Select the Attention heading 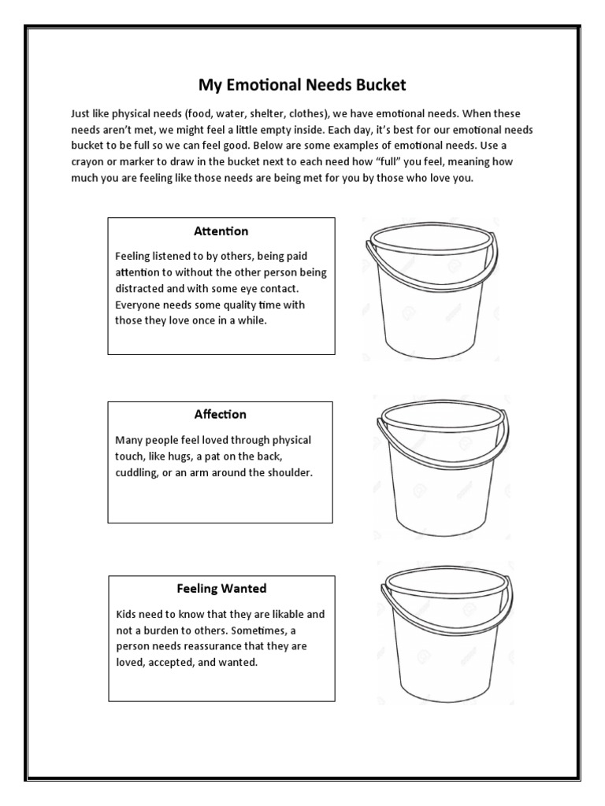pyautogui.click(x=221, y=231)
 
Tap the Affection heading pyautogui.click(x=221, y=415)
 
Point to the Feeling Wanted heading pyautogui.click(x=221, y=589)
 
